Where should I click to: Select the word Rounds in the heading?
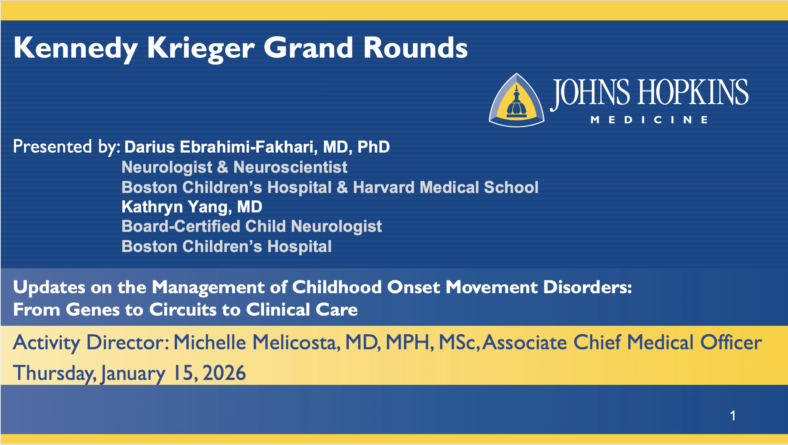pyautogui.click(x=415, y=48)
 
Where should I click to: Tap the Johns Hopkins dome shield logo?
pyautogui.click(x=517, y=100)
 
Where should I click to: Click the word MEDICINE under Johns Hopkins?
pyautogui.click(x=649, y=120)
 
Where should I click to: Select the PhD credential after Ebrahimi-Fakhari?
pyautogui.click(x=373, y=147)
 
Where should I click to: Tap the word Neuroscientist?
pyautogui.click(x=290, y=167)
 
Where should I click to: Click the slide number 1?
pyautogui.click(x=733, y=415)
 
